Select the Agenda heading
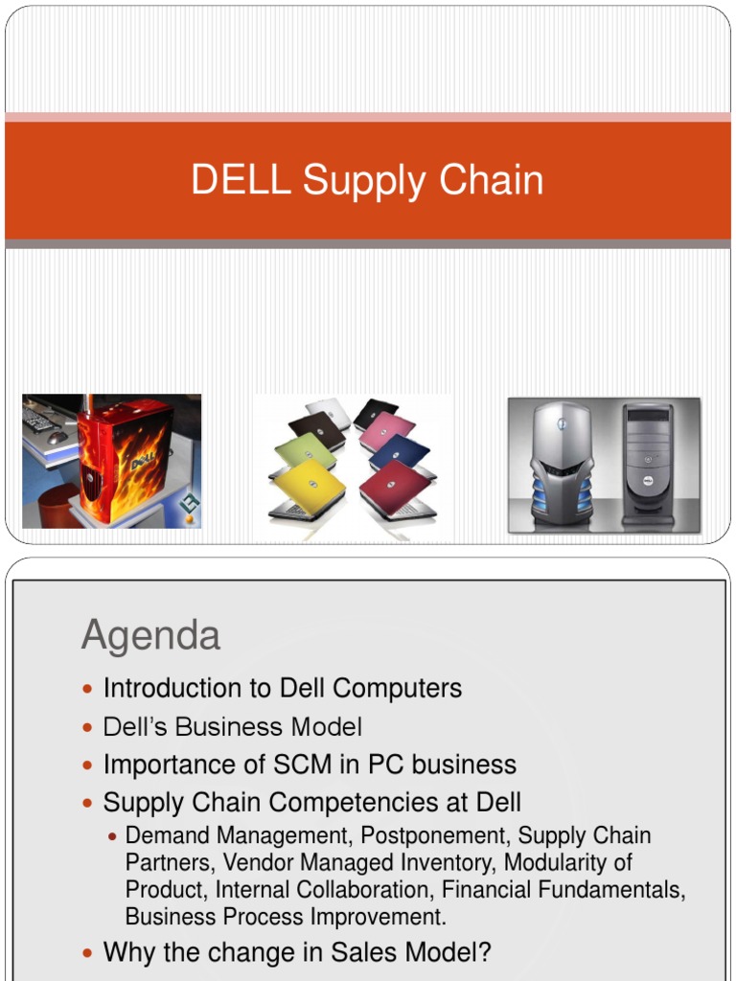pos(150,635)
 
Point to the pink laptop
pos(388,430)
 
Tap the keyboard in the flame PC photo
pos(40,421)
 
